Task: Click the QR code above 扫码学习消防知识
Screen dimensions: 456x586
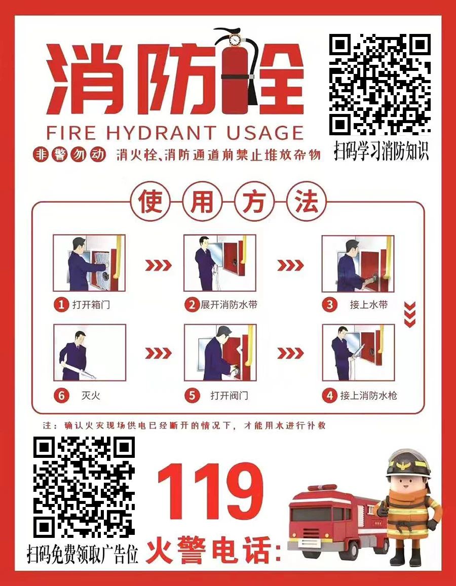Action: click(380, 85)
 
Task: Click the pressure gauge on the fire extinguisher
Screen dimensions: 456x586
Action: click(235, 38)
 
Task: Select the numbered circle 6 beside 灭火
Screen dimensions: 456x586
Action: click(61, 396)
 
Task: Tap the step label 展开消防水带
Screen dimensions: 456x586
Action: click(229, 304)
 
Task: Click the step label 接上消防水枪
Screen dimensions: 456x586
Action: click(368, 396)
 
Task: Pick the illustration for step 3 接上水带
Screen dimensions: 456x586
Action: click(358, 263)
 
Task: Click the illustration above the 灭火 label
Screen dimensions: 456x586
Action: click(90, 353)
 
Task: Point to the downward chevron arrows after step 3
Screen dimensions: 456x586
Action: click(410, 315)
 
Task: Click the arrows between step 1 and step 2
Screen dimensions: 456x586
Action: click(158, 265)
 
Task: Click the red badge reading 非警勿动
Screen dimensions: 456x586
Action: click(69, 154)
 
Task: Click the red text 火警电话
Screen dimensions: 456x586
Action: click(212, 550)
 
